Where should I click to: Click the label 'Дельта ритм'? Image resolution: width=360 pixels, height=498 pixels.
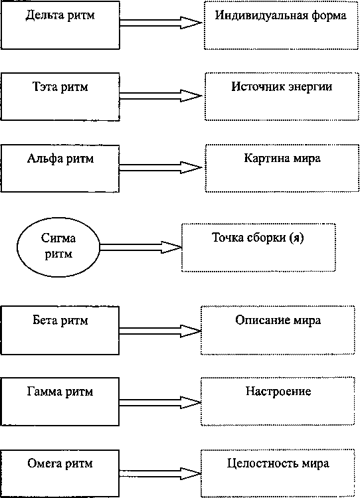click(x=60, y=15)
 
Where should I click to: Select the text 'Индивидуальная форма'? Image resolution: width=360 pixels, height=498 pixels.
click(x=281, y=15)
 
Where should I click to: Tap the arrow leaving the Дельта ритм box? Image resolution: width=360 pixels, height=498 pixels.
click(x=161, y=23)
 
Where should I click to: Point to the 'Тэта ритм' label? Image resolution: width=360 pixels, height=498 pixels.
click(x=60, y=87)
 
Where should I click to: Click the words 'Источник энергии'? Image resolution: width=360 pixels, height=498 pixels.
click(x=282, y=87)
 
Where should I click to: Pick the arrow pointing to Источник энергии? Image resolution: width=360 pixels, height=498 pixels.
click(x=161, y=96)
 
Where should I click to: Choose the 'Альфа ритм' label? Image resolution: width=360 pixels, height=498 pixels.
click(x=60, y=159)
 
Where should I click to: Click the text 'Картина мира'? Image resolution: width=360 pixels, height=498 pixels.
click(x=282, y=158)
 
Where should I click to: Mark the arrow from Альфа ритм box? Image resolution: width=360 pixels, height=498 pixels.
click(x=161, y=167)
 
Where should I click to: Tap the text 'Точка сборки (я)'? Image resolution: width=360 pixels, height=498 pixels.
click(x=258, y=238)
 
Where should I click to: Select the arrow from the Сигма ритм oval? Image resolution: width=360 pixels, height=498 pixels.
click(x=141, y=247)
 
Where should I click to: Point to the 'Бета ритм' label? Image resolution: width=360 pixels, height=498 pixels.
click(x=60, y=320)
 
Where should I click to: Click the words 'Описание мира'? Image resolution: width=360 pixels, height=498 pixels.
click(x=278, y=320)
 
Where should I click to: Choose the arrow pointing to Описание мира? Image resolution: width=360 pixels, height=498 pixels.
click(x=160, y=331)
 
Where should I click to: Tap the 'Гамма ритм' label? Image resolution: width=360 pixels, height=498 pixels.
click(x=60, y=392)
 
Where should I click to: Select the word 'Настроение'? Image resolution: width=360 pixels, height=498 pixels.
click(x=278, y=391)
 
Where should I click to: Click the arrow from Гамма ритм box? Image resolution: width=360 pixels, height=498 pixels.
click(x=160, y=402)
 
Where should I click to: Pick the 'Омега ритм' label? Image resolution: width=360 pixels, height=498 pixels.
click(x=60, y=463)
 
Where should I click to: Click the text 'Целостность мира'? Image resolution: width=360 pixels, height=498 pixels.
click(x=278, y=464)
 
